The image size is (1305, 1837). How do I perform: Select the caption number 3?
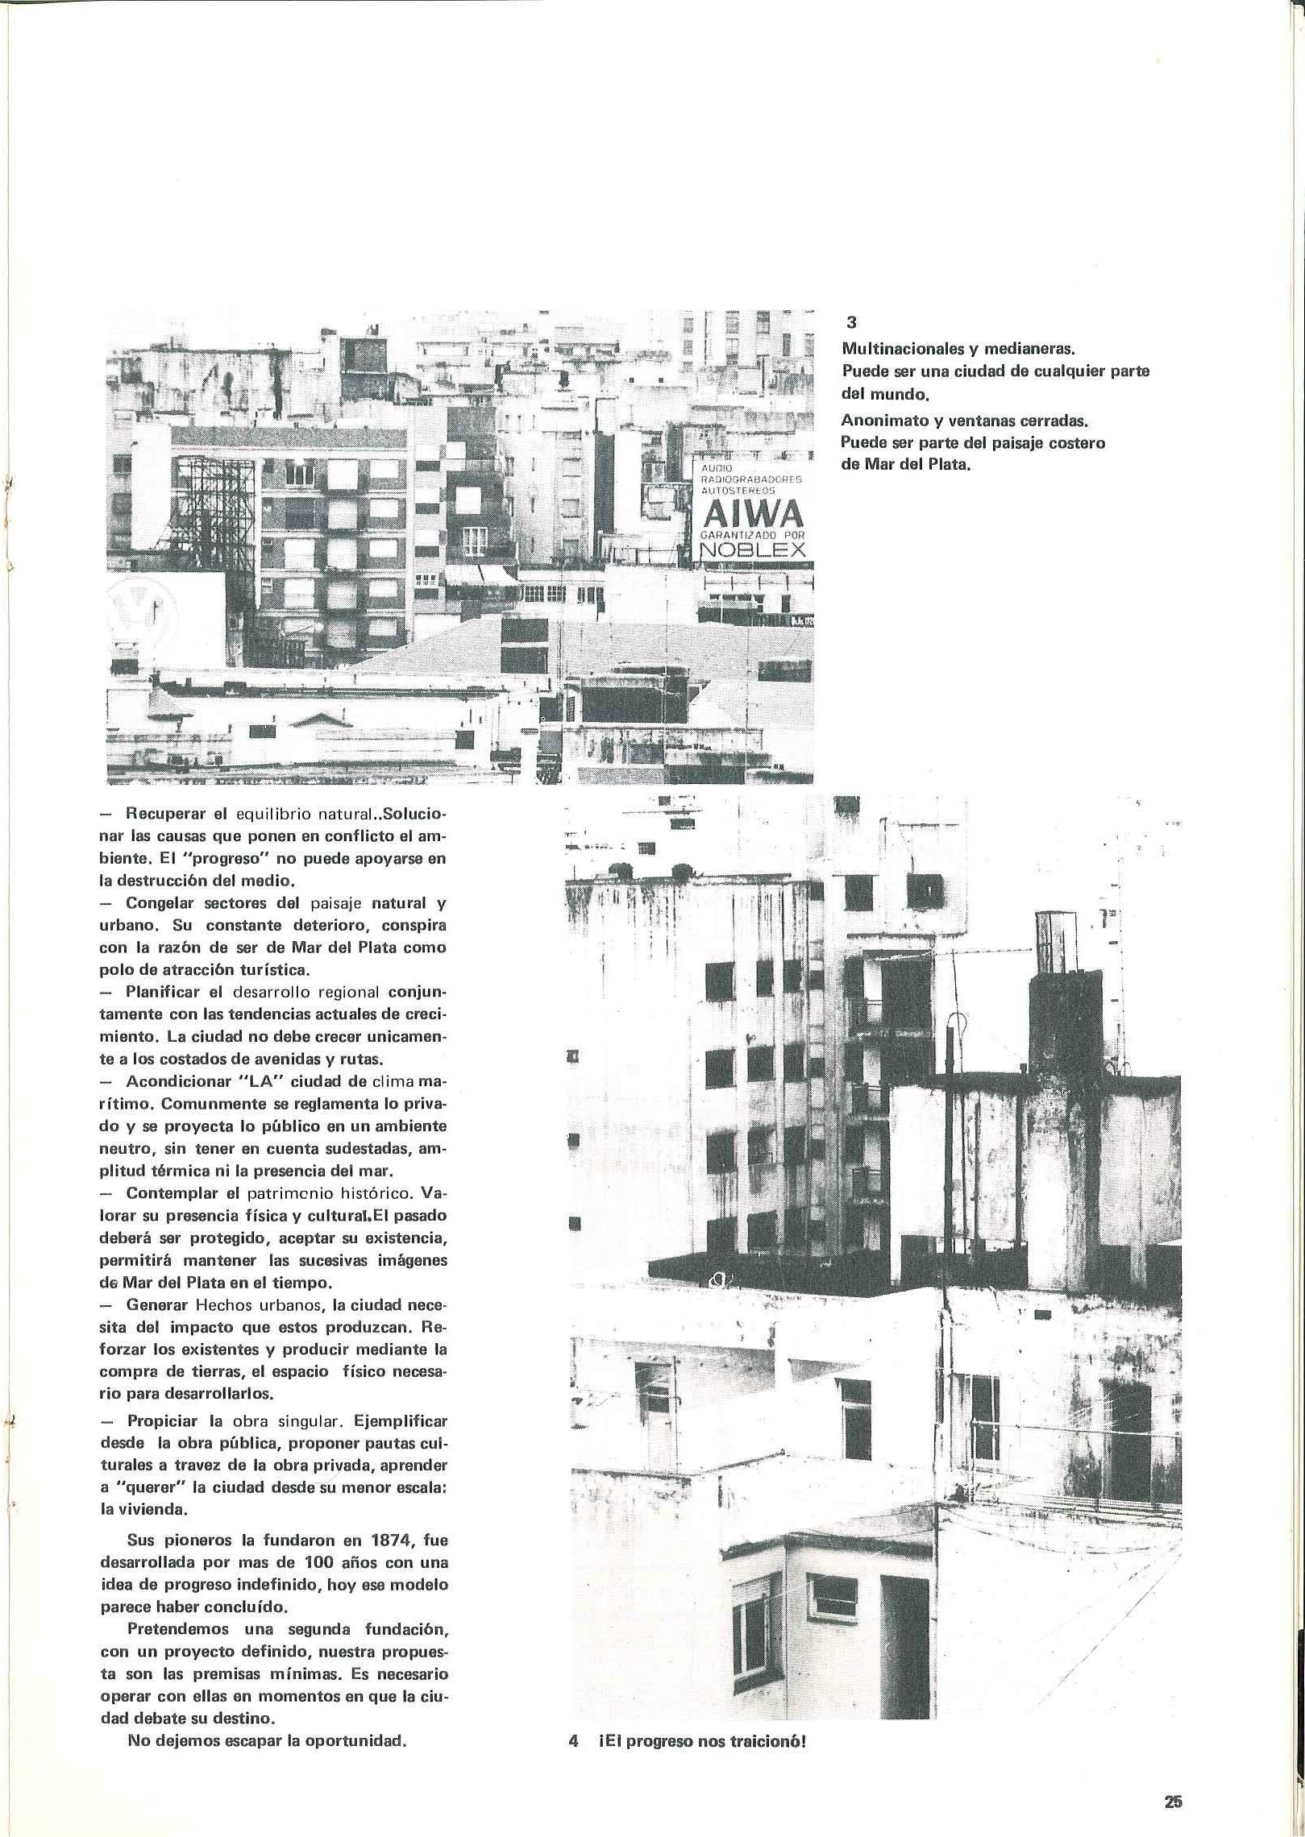point(851,322)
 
